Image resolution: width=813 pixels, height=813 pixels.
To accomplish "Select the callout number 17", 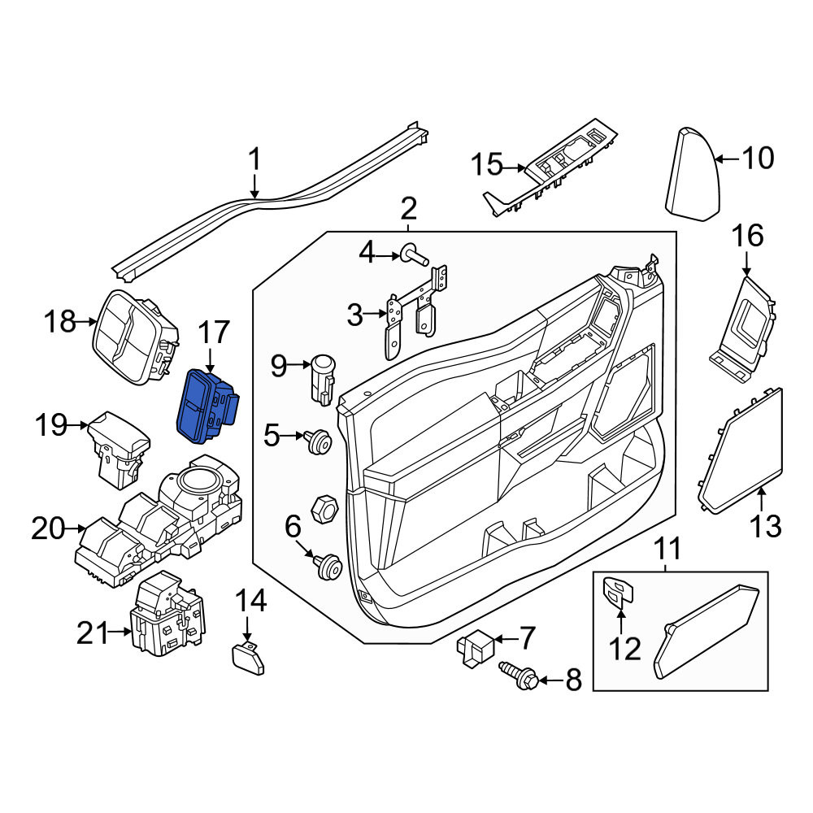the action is (x=213, y=332).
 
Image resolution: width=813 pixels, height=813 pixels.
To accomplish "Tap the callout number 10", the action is (x=758, y=158).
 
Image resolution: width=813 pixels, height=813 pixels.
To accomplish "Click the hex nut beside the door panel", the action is (x=324, y=509).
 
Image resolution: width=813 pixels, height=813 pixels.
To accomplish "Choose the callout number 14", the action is (x=251, y=601).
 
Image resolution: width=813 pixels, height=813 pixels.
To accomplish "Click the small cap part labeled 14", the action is (x=247, y=658).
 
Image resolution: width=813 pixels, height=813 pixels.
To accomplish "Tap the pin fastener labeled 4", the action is (x=414, y=256).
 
